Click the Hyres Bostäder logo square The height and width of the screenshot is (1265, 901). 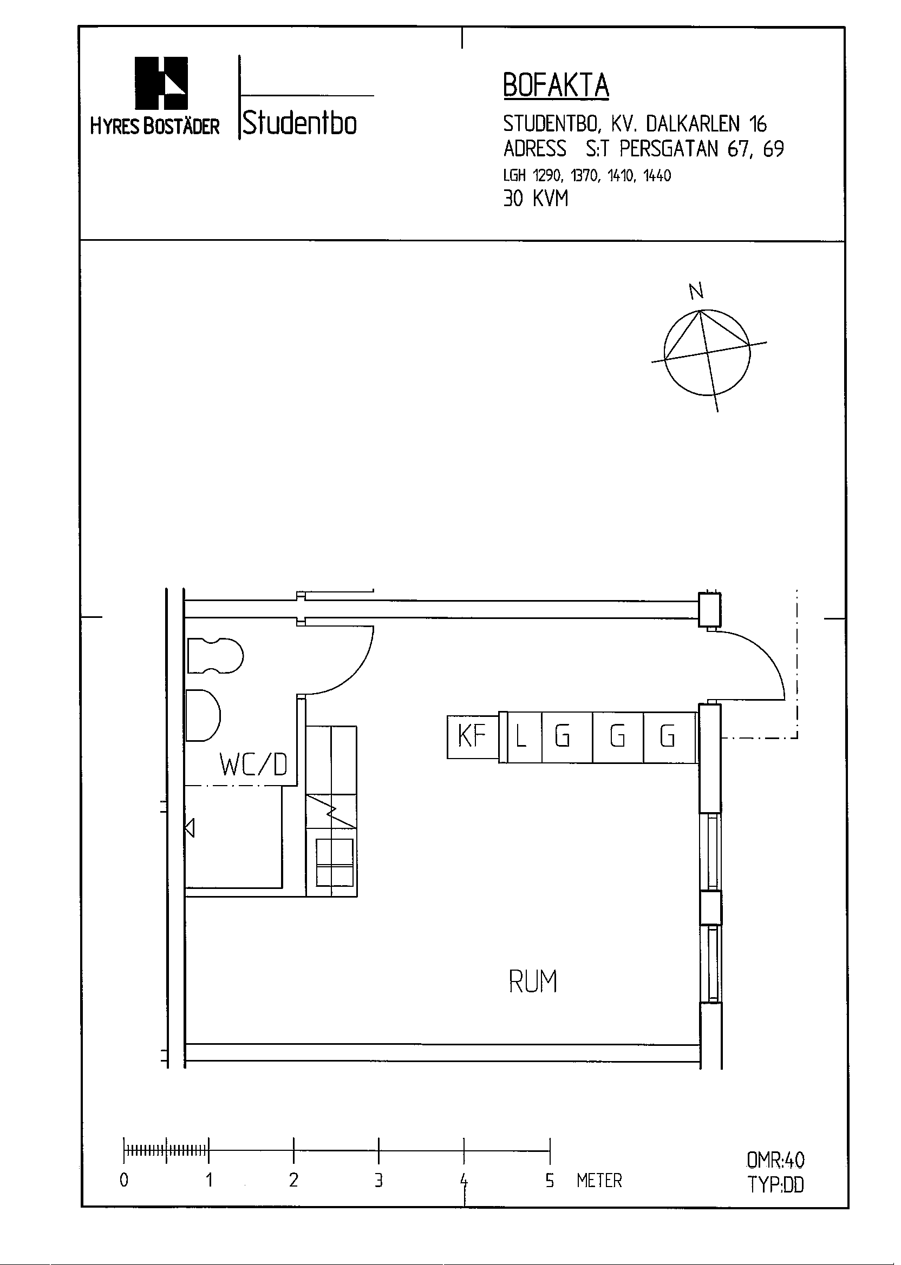[161, 83]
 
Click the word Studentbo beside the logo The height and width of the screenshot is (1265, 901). [299, 122]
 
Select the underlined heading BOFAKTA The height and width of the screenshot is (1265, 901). [556, 86]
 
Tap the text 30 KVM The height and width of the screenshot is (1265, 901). [536, 199]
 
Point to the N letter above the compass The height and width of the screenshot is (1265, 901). [696, 291]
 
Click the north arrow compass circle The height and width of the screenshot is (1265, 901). [707, 353]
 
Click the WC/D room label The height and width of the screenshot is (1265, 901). [253, 766]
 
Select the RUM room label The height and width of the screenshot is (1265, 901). [533, 981]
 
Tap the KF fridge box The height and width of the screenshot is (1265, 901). [472, 737]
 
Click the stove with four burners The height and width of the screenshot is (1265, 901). [334, 862]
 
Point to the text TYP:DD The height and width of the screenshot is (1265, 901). [775, 1184]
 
